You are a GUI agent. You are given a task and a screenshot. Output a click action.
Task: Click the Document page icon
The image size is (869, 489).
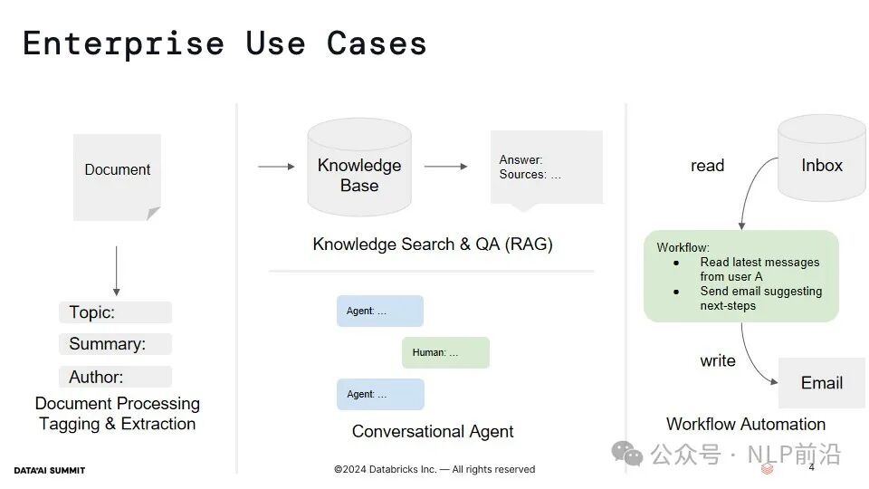coord(117,177)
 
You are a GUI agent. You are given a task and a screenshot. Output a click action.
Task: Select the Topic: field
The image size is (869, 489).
coord(115,312)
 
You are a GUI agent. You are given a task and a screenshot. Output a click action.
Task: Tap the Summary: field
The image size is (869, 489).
coord(115,344)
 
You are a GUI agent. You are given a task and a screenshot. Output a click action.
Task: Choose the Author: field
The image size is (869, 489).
coord(115,377)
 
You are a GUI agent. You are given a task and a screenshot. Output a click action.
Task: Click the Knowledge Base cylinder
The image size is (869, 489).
coord(359,167)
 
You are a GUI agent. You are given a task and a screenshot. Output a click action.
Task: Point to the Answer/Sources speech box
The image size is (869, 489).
coord(547,169)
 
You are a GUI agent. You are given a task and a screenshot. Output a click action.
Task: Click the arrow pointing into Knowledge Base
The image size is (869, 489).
coord(277,167)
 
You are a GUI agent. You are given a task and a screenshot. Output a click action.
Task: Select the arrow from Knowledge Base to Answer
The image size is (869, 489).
coord(445,167)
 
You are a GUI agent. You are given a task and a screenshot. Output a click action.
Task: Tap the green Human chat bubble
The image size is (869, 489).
coord(445,352)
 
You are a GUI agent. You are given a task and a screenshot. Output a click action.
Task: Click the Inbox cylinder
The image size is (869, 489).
coord(822,158)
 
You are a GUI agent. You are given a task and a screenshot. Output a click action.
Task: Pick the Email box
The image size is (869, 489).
coord(822,383)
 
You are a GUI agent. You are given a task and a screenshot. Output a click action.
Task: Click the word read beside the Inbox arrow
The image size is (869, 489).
coord(707,165)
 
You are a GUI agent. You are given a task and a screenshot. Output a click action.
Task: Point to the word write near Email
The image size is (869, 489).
coord(718,361)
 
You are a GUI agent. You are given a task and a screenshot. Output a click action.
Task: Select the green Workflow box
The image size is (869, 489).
coord(741,276)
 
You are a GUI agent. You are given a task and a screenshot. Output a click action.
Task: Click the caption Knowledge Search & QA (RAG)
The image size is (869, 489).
coord(433,244)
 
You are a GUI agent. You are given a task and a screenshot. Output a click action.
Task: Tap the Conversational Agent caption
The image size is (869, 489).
coord(433,431)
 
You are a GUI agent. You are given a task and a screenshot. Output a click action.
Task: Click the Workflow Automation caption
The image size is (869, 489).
coord(745,424)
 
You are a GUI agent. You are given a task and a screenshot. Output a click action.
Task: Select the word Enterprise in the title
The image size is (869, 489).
coord(124,44)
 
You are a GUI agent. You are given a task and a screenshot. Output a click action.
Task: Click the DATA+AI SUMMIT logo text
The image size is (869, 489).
coord(49,471)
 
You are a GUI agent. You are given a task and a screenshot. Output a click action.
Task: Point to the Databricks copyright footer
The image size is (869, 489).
coord(434,470)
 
